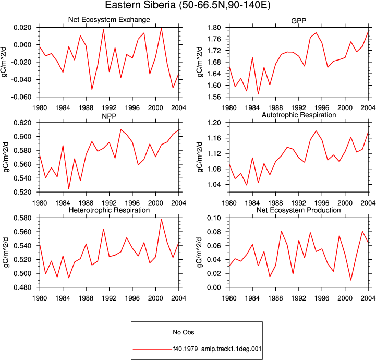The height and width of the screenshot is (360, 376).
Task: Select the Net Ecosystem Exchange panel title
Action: pos(109,20)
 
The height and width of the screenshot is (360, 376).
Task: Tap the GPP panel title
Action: pos(298,21)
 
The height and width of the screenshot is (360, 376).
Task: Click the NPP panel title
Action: pos(109,116)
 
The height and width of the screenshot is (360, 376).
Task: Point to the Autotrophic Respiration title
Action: pos(299,115)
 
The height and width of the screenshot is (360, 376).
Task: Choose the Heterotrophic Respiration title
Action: pos(109,210)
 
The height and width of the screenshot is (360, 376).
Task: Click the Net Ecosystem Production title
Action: pos(298,210)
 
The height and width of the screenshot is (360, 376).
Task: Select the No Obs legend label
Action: pos(184,332)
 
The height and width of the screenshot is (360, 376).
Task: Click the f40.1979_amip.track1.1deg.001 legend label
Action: pos(217,349)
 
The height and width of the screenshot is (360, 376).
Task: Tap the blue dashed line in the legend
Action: pos(152,332)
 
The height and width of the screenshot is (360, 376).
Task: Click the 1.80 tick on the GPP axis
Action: pos(214,27)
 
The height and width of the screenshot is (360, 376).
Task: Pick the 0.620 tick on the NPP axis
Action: pos(22,123)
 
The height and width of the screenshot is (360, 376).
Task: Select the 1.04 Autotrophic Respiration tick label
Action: pos(214,185)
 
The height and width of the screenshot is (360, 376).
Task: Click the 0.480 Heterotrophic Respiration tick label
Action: pos(22,287)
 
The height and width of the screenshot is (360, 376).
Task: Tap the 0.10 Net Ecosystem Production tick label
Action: pos(214,218)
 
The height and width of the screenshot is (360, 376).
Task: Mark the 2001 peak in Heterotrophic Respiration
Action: pos(161,219)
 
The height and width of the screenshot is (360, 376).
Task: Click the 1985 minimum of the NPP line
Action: pos(69,189)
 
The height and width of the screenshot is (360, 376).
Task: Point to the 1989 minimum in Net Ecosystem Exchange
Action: pos(92,89)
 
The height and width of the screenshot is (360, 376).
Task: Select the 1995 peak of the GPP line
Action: pos(316,33)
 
